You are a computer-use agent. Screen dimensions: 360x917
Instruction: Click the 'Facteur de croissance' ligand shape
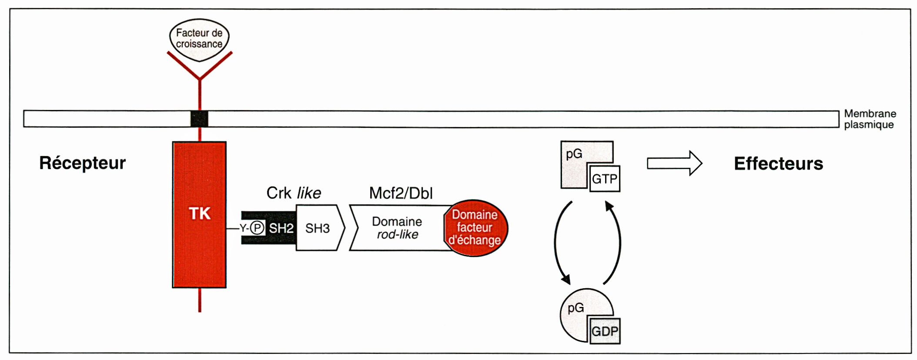[x=199, y=39]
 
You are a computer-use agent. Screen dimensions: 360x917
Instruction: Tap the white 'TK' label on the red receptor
[x=200, y=213]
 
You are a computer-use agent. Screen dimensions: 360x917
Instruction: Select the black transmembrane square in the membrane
[x=199, y=119]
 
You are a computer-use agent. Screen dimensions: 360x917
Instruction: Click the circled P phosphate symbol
[x=258, y=228]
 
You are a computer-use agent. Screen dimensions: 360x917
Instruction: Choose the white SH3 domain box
[x=318, y=228]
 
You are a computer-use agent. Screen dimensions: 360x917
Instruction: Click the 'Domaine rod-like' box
[x=397, y=228]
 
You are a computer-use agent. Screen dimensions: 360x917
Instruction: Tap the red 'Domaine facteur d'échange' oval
[x=475, y=228]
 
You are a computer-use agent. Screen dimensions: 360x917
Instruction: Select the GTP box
[x=605, y=179]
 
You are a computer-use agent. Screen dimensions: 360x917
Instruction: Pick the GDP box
[x=605, y=331]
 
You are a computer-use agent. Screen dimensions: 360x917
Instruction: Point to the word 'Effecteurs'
[x=778, y=164]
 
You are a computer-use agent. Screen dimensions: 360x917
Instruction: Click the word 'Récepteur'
[x=82, y=163]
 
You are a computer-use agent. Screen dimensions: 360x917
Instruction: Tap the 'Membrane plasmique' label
[x=870, y=119]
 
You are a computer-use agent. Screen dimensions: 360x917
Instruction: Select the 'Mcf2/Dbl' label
[x=401, y=193]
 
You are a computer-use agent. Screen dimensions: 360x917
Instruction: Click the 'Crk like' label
[x=294, y=193]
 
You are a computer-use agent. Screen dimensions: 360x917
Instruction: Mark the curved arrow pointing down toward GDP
[x=559, y=243]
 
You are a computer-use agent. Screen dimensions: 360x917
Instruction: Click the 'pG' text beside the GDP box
[x=576, y=308]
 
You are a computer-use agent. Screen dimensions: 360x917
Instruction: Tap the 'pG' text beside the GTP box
[x=574, y=154]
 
